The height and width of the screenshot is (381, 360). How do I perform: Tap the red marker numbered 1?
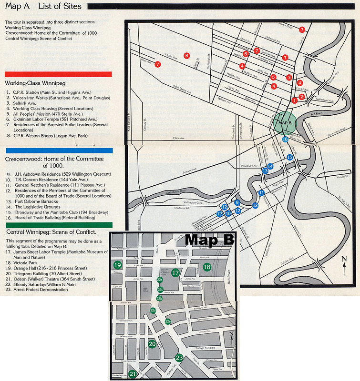tap(295, 100)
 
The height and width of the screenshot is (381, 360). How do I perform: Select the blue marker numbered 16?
tap(285, 139)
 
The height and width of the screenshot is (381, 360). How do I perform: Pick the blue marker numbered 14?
tap(270, 166)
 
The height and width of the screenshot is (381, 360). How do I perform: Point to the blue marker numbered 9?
tap(237, 203)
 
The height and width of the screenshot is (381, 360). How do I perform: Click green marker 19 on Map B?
tap(117, 265)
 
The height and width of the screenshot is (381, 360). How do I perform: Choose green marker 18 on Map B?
tap(206, 267)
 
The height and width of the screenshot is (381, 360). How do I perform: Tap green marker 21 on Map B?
tap(133, 374)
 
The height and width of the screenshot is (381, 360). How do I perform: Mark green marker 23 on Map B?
tap(179, 358)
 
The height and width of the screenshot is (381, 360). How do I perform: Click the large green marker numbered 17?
tap(175, 273)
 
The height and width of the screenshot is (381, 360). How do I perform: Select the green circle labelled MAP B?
tap(285, 122)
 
